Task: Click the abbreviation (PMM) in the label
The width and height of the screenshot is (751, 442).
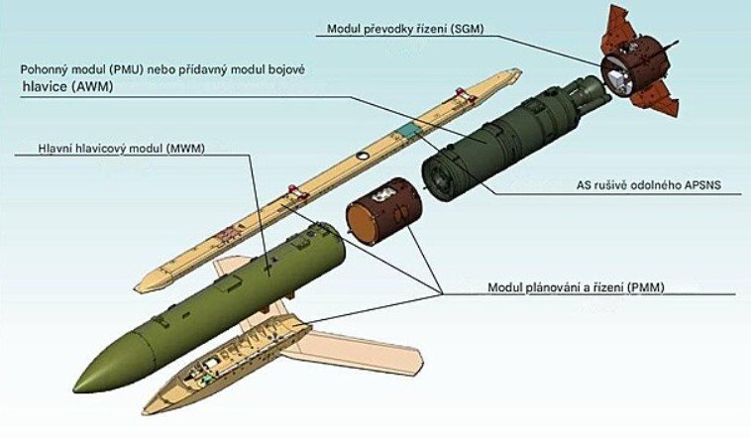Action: pyautogui.click(x=644, y=287)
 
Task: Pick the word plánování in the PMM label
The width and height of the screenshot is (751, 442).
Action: pyautogui.click(x=555, y=287)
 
